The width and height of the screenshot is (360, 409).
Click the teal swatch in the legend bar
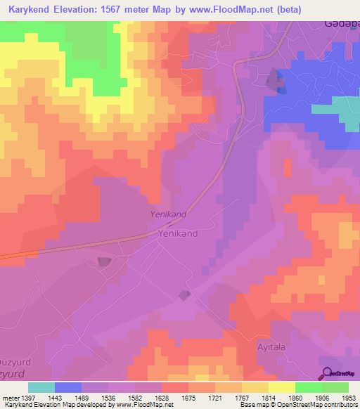(x=41, y=387)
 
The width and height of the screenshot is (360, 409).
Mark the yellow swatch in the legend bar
(x=282, y=387)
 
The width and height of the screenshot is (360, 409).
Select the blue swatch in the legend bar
(x=68, y=387)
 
